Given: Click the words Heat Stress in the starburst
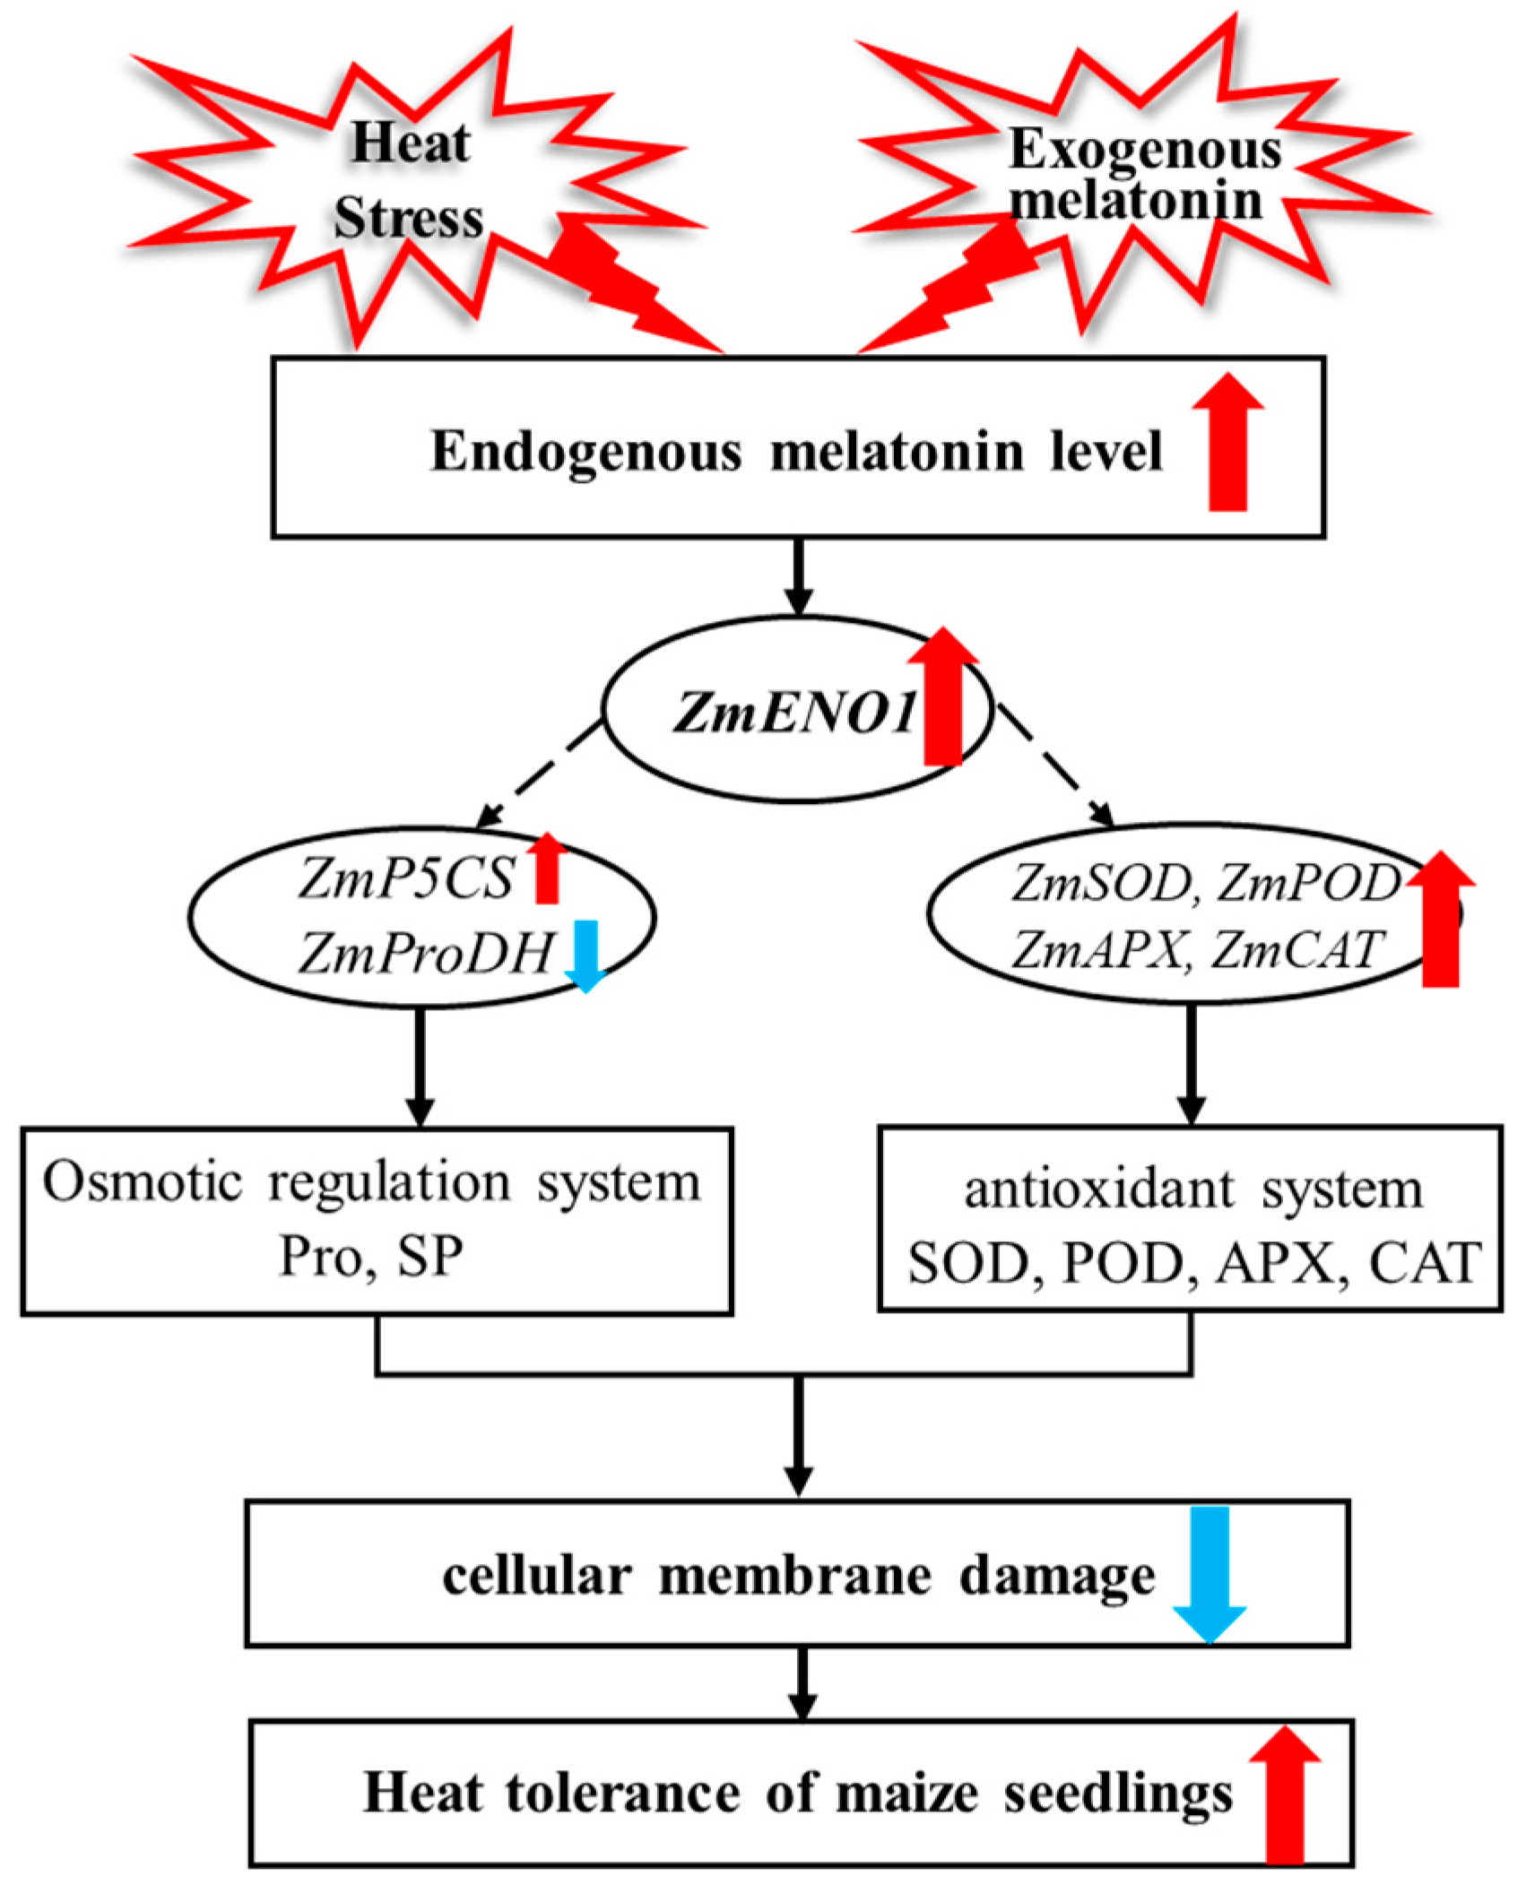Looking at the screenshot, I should (409, 182).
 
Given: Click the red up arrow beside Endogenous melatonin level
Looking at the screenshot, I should (1227, 443).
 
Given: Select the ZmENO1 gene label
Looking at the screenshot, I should (794, 713).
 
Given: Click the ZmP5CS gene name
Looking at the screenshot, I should (406, 878).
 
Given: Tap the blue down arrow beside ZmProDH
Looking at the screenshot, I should (585, 955).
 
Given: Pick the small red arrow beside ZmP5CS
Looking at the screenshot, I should (546, 868).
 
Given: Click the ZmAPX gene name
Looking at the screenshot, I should (1097, 950).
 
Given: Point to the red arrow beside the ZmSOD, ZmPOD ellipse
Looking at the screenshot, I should (1440, 920).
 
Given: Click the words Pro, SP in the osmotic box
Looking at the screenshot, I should (371, 1256).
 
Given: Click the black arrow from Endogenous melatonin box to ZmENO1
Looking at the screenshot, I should (798, 578).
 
